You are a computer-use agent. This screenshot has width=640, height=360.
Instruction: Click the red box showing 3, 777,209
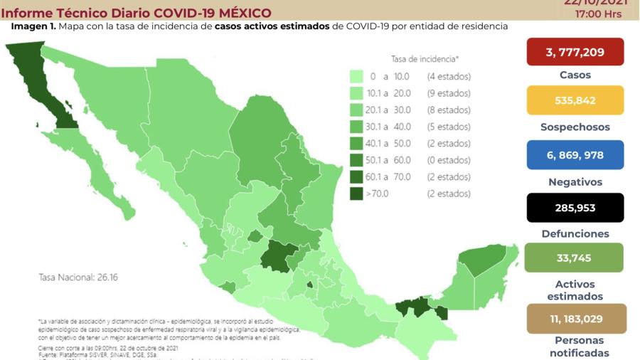[x=575, y=52]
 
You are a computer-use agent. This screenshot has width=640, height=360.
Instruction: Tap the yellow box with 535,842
[x=575, y=100]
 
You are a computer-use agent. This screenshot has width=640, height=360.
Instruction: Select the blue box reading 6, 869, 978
[x=575, y=155]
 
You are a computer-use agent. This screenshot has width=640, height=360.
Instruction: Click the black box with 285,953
[x=575, y=208]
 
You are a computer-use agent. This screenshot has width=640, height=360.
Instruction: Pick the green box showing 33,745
[x=574, y=258]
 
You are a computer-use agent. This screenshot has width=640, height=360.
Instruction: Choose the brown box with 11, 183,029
[x=577, y=319]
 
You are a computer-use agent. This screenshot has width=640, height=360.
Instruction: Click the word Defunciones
[x=575, y=233]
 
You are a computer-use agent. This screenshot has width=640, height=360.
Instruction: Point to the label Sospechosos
[x=575, y=127]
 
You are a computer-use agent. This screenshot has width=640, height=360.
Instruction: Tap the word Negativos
[x=575, y=182]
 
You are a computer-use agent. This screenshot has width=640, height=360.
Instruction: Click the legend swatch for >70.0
[x=356, y=194]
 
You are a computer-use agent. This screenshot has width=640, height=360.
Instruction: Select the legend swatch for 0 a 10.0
[x=356, y=76]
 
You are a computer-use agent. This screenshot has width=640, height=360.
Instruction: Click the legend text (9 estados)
[x=449, y=93]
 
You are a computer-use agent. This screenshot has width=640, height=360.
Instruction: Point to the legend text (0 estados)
[x=449, y=160]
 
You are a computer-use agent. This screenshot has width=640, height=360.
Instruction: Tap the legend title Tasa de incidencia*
[x=425, y=59]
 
